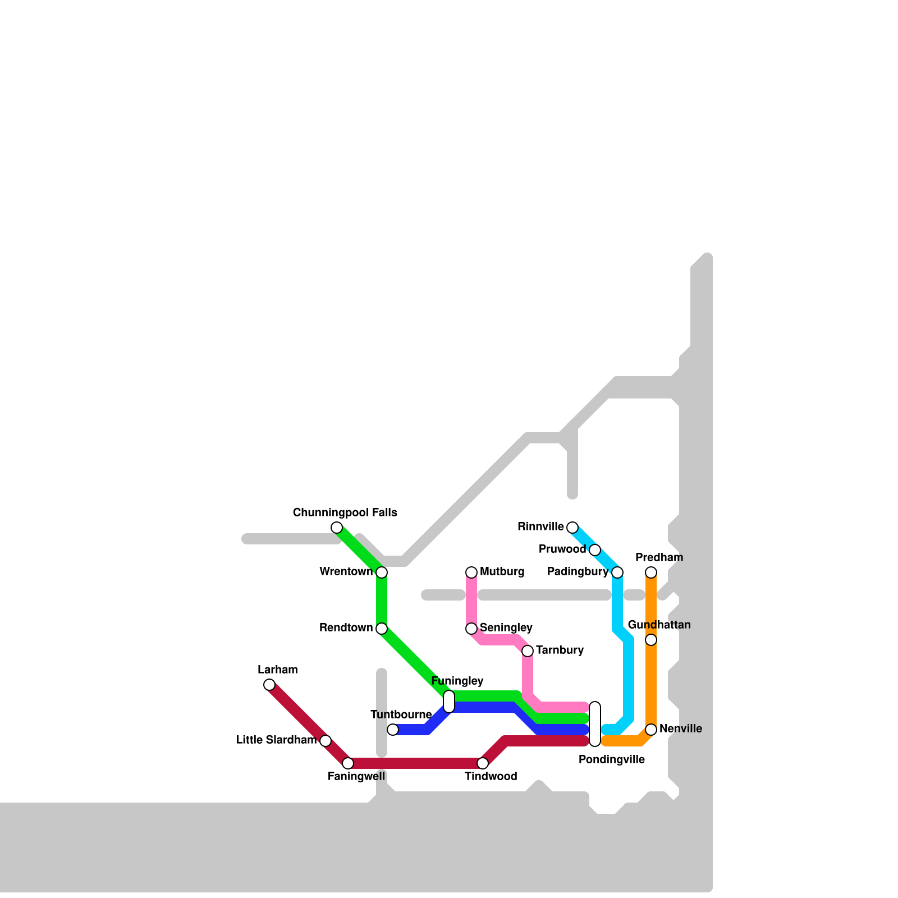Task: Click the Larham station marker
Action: [269, 685]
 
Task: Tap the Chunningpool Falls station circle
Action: [337, 528]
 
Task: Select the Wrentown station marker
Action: [382, 572]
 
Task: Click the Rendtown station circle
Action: [382, 629]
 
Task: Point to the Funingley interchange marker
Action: [449, 702]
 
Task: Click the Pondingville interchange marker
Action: [595, 724]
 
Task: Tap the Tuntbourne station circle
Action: [393, 730]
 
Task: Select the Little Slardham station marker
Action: [326, 741]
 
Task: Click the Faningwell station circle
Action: [348, 763]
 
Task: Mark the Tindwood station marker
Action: [483, 763]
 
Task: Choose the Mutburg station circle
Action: [471, 572]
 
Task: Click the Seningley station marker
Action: [471, 629]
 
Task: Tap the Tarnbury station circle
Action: [528, 651]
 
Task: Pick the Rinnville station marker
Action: [572, 528]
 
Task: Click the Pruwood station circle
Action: [595, 550]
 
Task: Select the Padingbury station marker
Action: [617, 572]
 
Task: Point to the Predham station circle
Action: [651, 572]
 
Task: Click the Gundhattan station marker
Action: [651, 640]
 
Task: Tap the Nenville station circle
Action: [651, 730]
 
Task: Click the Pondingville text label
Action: [612, 760]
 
